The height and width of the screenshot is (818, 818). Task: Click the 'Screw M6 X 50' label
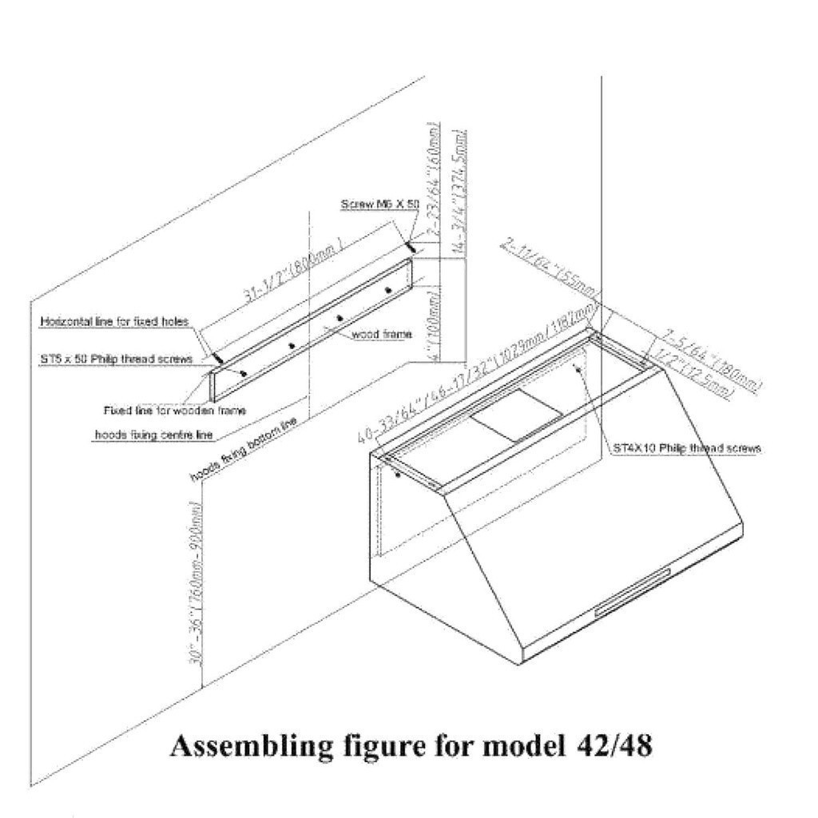coord(379,205)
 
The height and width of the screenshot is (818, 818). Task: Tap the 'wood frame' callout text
coord(382,335)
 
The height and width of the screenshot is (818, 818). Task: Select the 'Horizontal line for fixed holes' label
coord(114,322)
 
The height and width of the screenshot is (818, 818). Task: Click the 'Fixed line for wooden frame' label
coord(174,411)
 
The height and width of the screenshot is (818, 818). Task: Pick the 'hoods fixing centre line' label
coord(143,435)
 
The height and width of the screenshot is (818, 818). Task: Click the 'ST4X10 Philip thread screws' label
coord(686,448)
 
